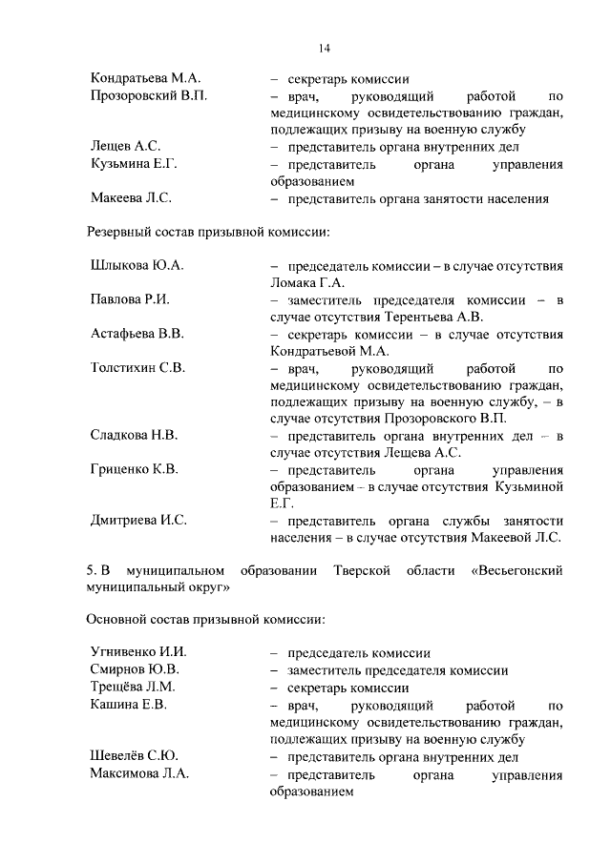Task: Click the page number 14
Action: pos(325,49)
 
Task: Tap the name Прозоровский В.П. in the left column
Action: pos(148,96)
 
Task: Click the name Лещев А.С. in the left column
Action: pos(124,147)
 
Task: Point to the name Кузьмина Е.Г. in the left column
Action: pos(134,164)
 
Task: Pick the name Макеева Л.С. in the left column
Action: pos(130,199)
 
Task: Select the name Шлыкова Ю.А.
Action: pos(136,266)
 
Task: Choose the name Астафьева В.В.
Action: pos(137,334)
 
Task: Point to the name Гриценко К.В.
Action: pos(135,469)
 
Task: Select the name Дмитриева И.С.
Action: pos(138,520)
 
